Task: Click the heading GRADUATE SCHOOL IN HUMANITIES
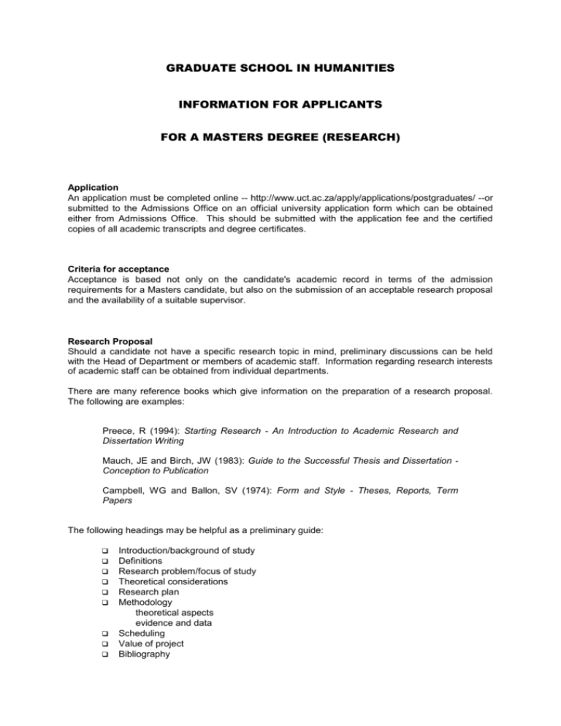[280, 68]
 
